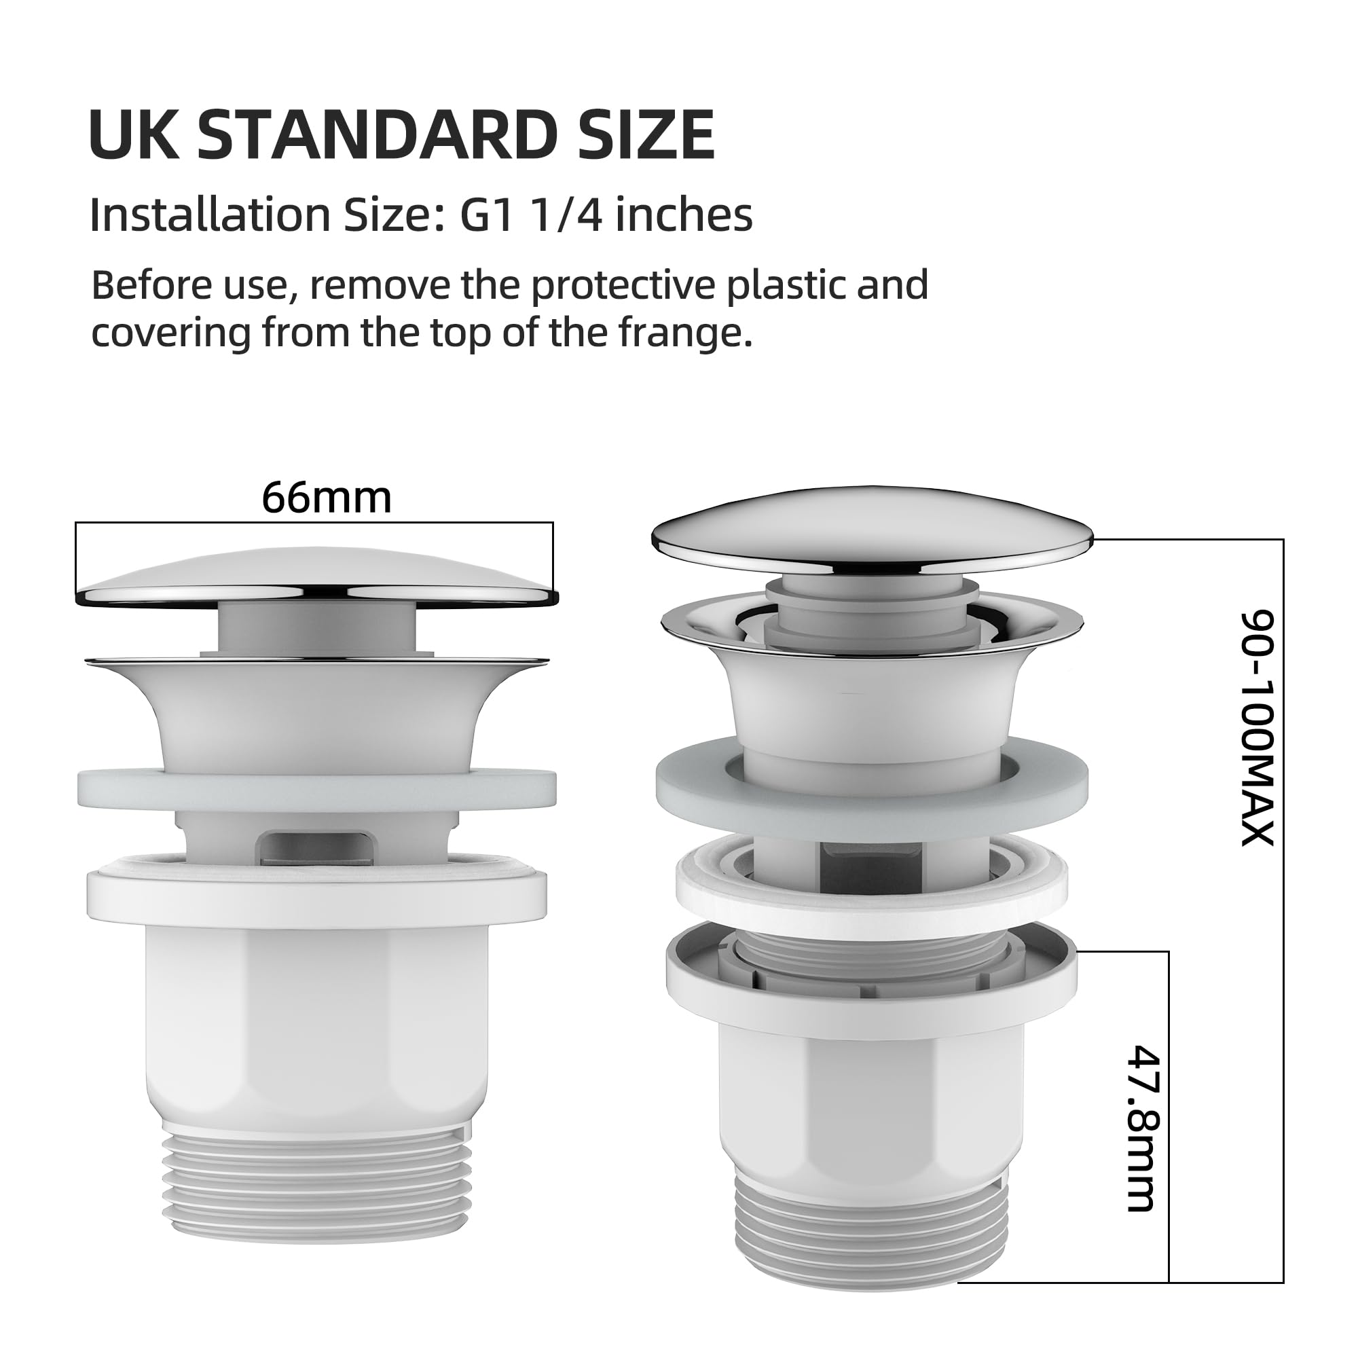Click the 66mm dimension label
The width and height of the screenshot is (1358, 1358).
(327, 498)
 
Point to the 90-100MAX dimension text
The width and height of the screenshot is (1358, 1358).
(1257, 728)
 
